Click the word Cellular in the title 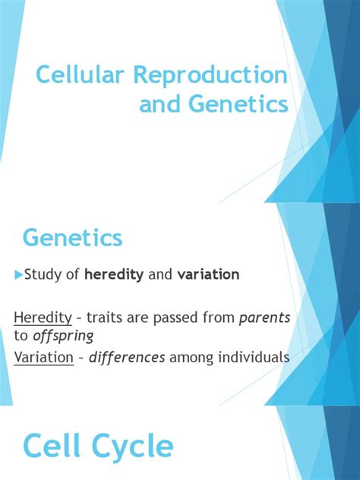coord(81,74)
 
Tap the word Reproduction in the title coord(211,74)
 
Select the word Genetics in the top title coord(241,103)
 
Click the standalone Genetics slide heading coord(73,238)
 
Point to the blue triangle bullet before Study coord(19,274)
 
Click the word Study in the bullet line coord(43,275)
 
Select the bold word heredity coord(114,274)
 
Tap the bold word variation coord(208,274)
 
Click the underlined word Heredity coord(43,318)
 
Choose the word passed coord(175,318)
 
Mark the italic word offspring coord(63,336)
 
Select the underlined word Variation coord(44,357)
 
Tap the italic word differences coord(127,357)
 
